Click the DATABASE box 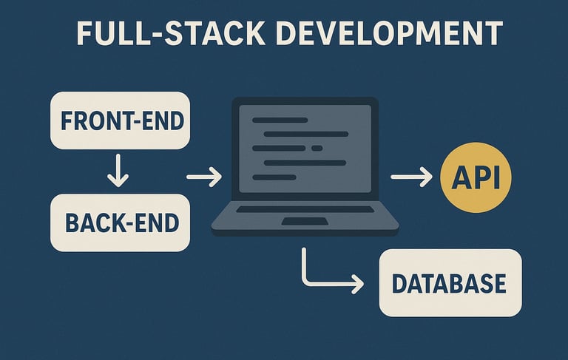coord(450,283)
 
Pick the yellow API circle coord(476,178)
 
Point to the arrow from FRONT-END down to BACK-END coord(118,171)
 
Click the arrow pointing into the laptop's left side coord(204,177)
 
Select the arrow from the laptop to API coord(411,177)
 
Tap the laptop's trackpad coord(305,221)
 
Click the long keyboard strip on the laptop coord(305,209)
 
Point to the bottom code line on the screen coord(274,177)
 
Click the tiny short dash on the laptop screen coord(317,148)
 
